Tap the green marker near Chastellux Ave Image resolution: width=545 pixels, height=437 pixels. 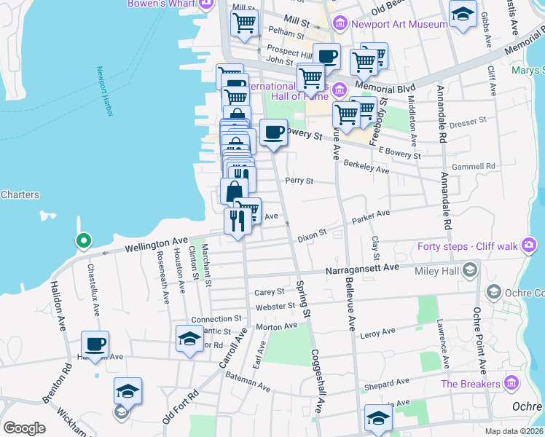84,240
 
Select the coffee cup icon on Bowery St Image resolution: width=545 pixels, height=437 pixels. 273,133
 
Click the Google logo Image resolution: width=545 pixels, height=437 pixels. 24,428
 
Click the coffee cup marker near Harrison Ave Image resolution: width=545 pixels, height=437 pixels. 95,343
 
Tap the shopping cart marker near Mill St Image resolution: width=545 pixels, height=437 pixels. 244,22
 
